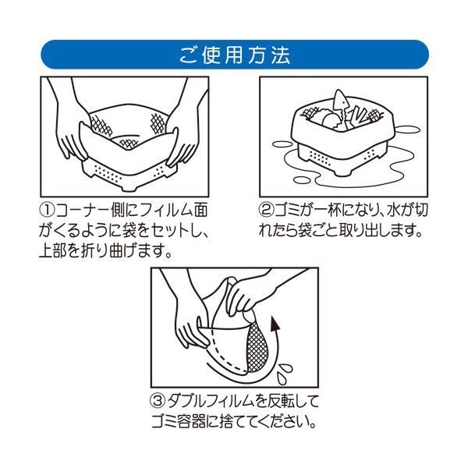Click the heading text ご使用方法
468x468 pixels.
tap(234, 56)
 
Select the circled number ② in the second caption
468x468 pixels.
tap(265, 211)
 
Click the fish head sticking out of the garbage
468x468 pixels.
tap(340, 100)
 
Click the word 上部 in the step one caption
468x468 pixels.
tap(54, 252)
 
